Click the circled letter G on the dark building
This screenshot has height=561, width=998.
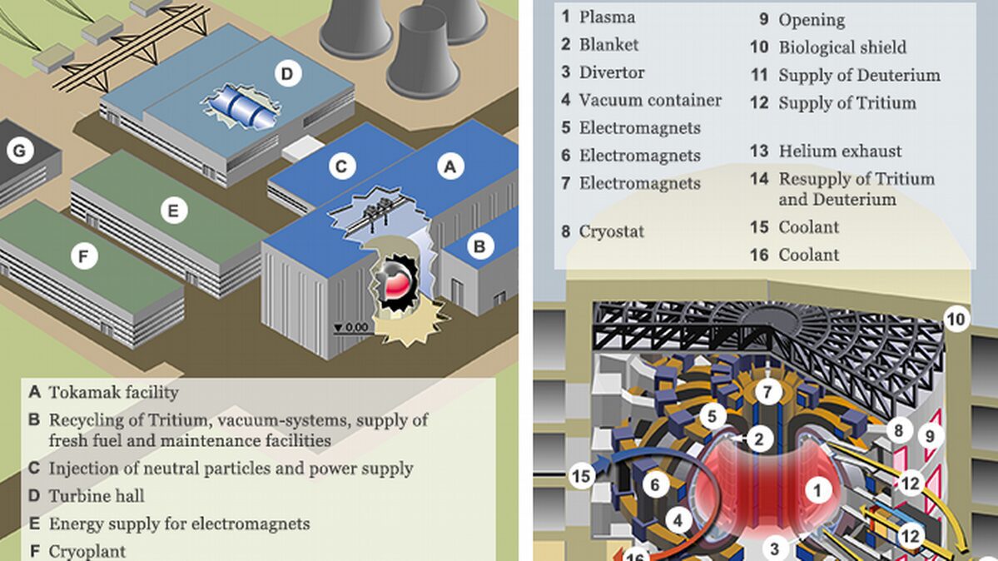pyautogui.click(x=20, y=151)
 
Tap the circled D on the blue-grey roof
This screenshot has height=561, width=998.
pyautogui.click(x=288, y=74)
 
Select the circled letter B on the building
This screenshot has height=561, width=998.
pyautogui.click(x=480, y=246)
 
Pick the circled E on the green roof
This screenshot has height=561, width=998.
pyautogui.click(x=174, y=210)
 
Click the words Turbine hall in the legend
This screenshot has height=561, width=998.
pyautogui.click(x=97, y=496)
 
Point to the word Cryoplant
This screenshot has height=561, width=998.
pyautogui.click(x=87, y=552)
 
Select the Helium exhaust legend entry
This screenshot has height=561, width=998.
pyautogui.click(x=840, y=151)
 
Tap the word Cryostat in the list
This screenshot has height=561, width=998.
pyautogui.click(x=612, y=231)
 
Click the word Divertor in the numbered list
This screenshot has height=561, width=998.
pyautogui.click(x=612, y=72)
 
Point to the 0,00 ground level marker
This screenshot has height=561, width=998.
pyautogui.click(x=352, y=328)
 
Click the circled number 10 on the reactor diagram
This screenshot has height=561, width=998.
pyautogui.click(x=956, y=319)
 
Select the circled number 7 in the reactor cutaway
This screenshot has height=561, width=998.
pyautogui.click(x=767, y=391)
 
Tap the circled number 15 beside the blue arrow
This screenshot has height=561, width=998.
pyautogui.click(x=581, y=475)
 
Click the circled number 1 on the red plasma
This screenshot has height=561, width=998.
pyautogui.click(x=818, y=490)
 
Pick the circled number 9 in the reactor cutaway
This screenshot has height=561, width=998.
pyautogui.click(x=930, y=436)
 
